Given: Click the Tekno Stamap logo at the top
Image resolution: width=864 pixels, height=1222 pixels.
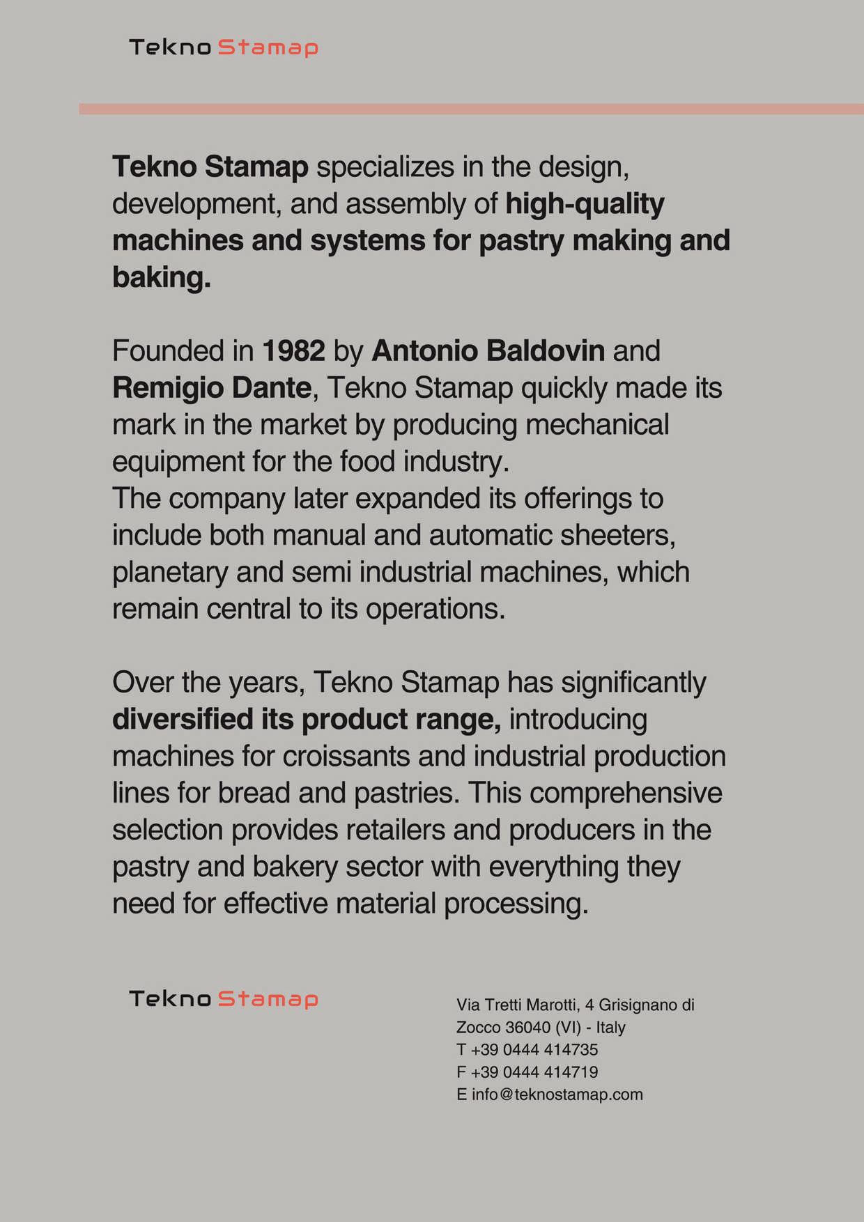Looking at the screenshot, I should click(223, 47).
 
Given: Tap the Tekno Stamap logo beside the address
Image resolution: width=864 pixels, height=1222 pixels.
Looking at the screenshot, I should click(223, 998).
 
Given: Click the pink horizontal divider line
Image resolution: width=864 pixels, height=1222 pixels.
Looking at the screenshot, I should click(471, 109).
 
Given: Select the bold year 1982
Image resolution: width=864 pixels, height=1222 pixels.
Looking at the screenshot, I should click(293, 351).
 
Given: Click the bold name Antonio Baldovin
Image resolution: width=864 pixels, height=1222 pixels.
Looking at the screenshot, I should click(488, 351).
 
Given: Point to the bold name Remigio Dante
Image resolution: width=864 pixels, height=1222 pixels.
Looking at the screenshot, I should click(212, 388).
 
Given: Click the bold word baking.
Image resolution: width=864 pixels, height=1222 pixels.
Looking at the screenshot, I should click(161, 278).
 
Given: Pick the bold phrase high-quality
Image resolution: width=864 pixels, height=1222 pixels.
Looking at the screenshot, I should click(585, 204).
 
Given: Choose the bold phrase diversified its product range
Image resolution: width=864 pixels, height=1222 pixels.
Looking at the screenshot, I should click(307, 720).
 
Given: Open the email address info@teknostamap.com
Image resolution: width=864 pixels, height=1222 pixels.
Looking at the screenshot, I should click(557, 1095).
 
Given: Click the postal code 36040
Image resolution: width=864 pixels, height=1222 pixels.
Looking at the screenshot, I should click(527, 1028).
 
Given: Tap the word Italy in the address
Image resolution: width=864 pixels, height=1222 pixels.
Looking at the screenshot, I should click(610, 1028).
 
